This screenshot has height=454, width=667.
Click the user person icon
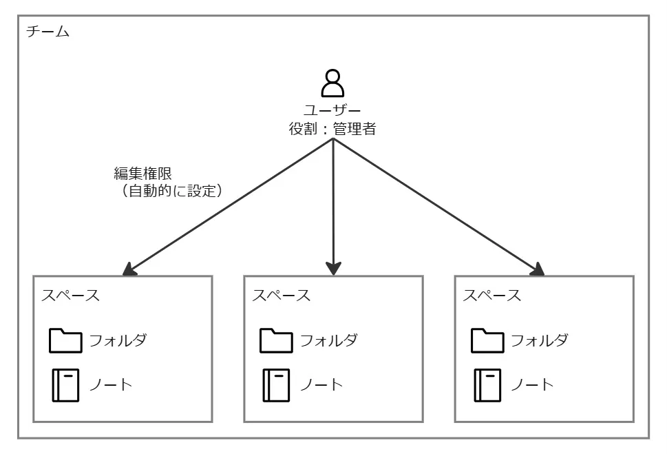[333, 83]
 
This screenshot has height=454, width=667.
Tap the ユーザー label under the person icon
[333, 110]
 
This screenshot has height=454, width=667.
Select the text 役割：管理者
[333, 128]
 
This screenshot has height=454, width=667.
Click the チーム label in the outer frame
[47, 32]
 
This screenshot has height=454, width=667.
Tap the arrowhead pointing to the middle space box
[333, 267]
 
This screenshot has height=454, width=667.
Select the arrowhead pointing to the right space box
[538, 269]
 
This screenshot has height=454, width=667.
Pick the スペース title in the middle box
[281, 296]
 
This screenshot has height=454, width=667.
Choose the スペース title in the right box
[491, 296]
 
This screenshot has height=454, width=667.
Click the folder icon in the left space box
[65, 340]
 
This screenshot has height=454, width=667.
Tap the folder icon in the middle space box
[276, 340]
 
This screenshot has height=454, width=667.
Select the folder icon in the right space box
[487, 340]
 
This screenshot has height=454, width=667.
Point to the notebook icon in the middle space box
[276, 385]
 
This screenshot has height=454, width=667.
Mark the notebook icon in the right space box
[487, 385]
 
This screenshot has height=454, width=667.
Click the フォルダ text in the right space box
[540, 340]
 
